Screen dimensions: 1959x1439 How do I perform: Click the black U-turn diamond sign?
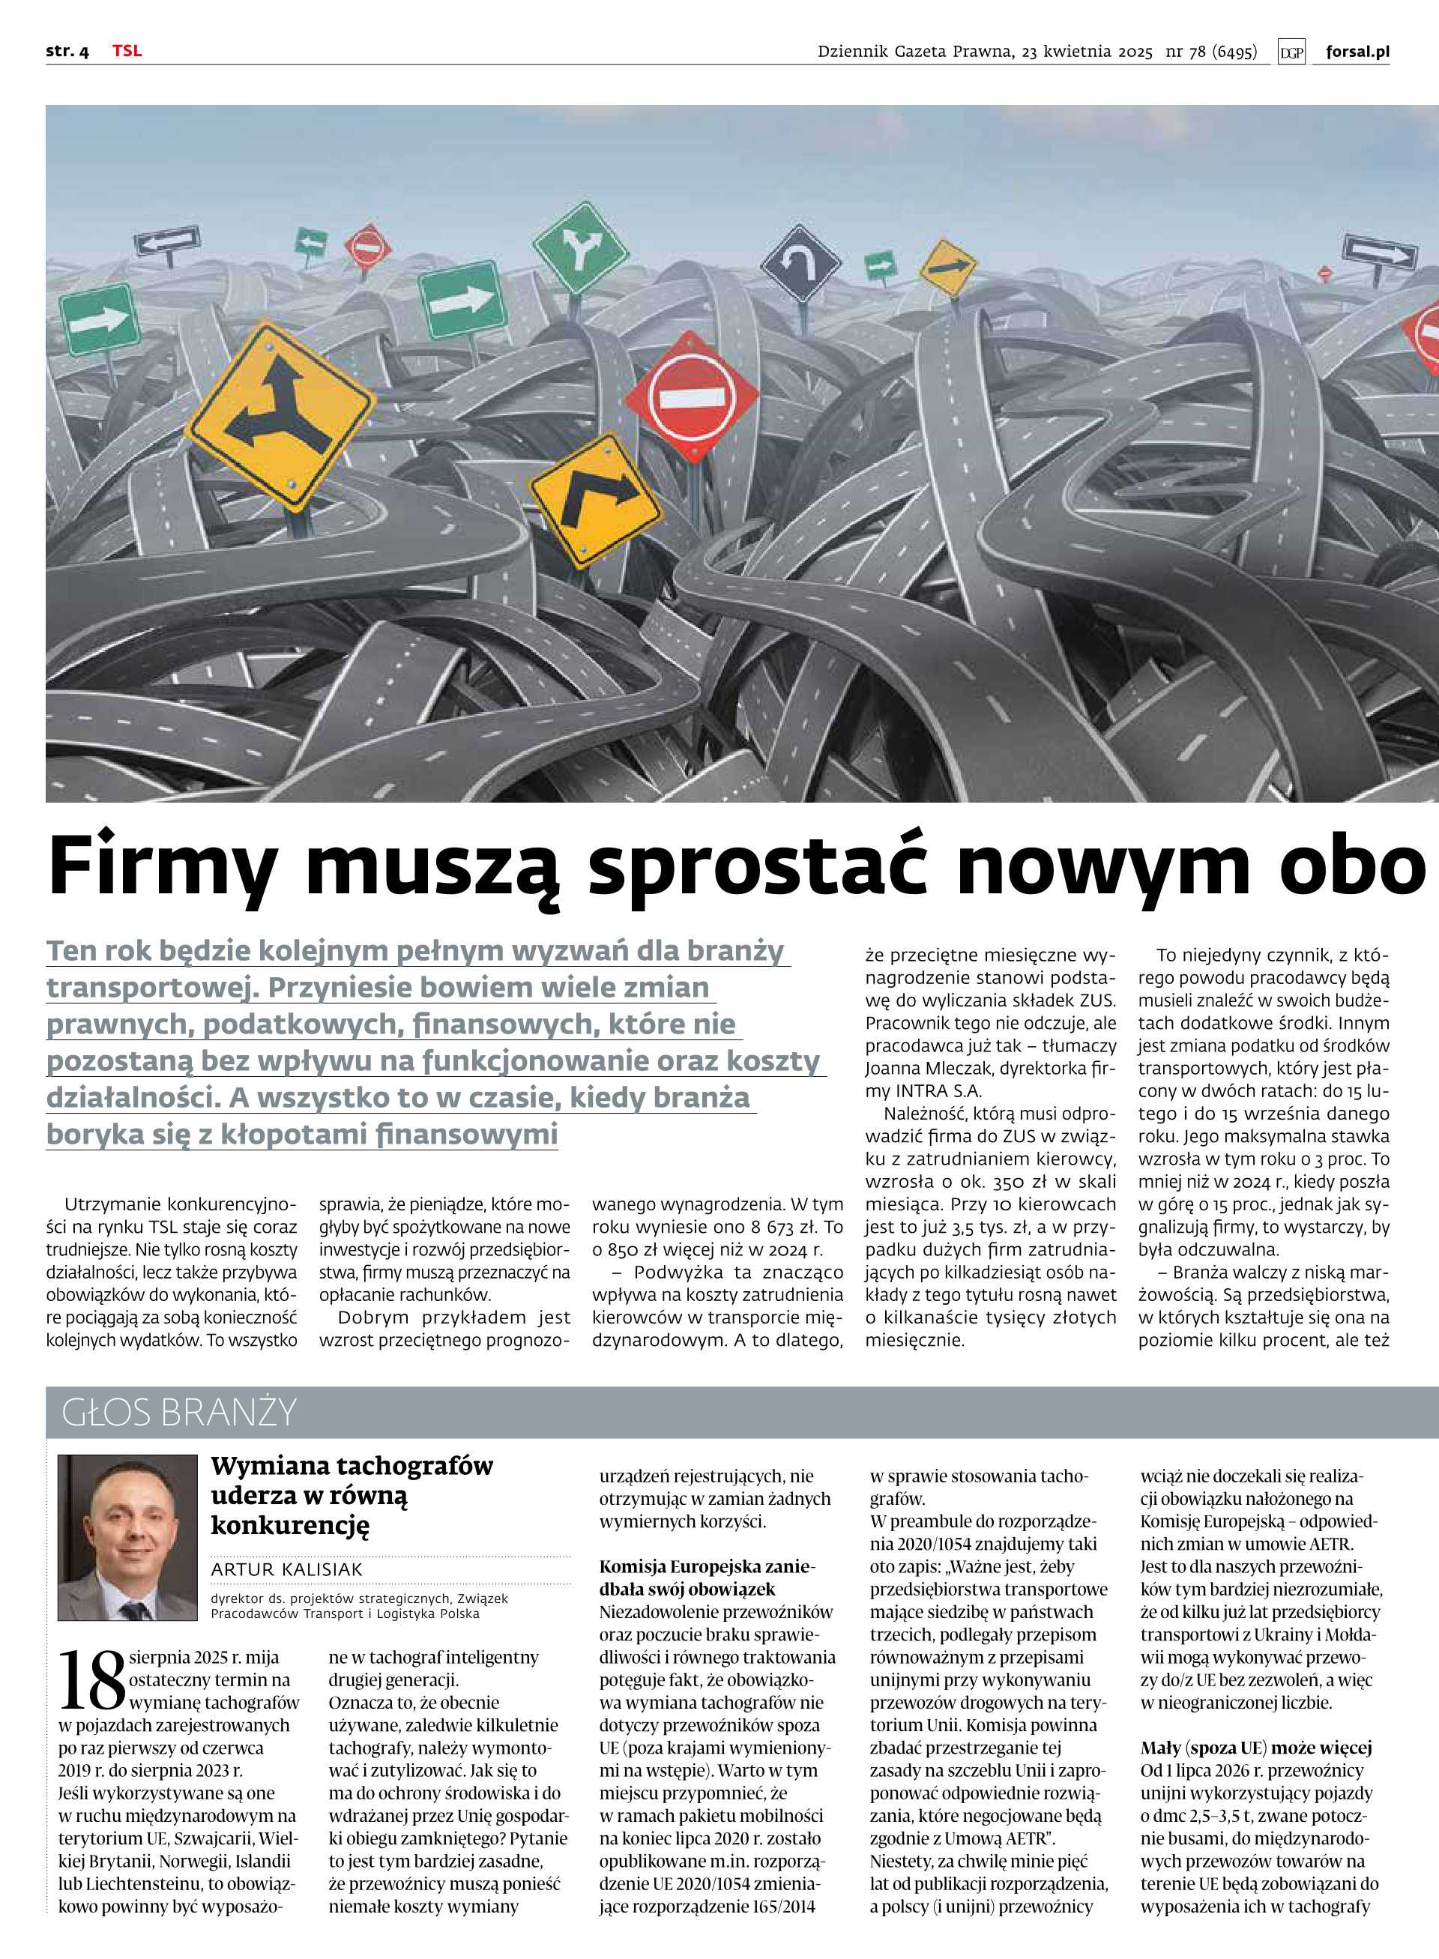[800, 263]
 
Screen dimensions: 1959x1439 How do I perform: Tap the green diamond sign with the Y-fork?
[580, 247]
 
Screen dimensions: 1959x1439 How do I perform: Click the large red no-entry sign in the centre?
[693, 397]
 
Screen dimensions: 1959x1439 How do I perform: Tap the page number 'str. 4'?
[67, 52]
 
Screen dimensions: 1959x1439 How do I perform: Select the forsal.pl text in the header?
[1357, 52]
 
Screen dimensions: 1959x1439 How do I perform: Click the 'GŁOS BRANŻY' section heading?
[179, 1412]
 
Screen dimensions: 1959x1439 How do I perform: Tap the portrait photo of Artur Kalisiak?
[128, 1537]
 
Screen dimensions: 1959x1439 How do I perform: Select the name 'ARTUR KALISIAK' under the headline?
[286, 1569]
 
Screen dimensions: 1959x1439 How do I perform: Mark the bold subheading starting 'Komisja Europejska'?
[708, 1578]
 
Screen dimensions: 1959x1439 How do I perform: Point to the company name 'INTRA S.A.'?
[938, 1090]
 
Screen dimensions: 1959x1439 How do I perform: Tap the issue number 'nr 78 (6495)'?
[1210, 52]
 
